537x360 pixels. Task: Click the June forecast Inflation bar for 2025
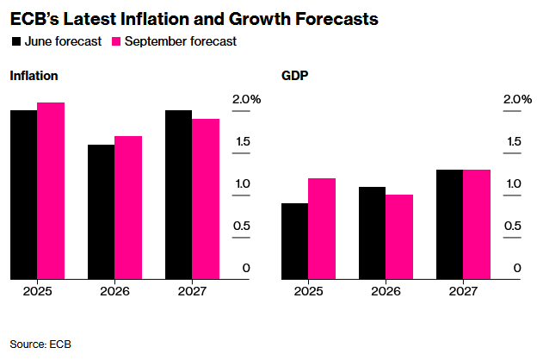point(23,195)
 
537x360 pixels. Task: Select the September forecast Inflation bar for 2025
point(51,190)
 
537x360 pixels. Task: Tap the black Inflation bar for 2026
point(101,212)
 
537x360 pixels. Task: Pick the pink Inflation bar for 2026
point(128,208)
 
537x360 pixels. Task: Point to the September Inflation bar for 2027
point(206,199)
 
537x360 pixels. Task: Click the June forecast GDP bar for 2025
point(295,241)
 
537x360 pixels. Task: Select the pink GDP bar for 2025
point(322,228)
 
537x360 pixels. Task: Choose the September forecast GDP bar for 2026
point(399,237)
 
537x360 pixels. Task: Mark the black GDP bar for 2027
point(449,224)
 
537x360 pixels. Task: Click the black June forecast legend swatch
point(15,40)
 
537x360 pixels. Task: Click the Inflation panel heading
point(34,76)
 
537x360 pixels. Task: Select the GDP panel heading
point(295,76)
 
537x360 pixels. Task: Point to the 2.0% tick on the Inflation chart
point(246,100)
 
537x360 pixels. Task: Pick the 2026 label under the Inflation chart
point(114,292)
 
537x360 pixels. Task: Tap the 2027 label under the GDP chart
point(463,292)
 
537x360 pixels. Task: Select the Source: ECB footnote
point(40,344)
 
